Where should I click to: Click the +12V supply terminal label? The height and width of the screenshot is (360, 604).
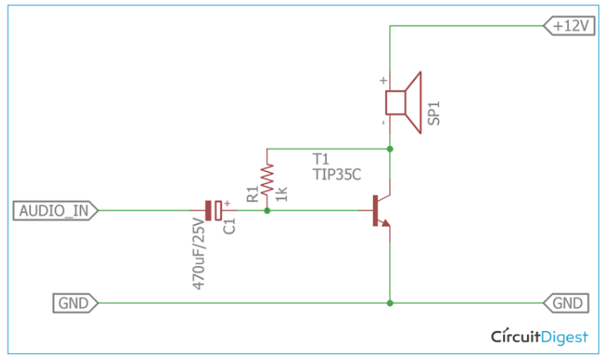pos(570,26)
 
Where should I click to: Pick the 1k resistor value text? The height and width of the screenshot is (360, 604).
pos(281,193)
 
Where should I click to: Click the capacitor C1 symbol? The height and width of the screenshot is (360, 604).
pos(214,210)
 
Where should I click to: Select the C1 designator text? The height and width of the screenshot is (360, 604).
pos(228,227)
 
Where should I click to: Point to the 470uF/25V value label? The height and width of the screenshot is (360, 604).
pos(198,255)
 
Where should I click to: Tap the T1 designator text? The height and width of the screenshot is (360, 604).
pos(321,158)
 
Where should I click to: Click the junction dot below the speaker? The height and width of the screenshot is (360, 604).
pos(390,149)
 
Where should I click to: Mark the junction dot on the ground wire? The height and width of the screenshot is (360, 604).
pos(390,303)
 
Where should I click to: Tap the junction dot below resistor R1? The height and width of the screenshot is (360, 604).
pos(267,210)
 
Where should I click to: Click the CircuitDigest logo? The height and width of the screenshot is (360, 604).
pos(539,337)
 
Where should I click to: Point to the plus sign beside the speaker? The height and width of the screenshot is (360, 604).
pos(382,81)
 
